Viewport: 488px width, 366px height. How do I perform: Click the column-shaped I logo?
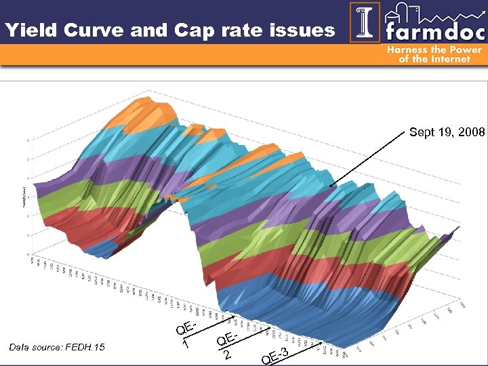tap(365, 22)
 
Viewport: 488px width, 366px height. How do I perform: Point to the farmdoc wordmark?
tap(433, 30)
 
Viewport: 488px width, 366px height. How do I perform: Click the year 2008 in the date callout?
tap(471, 133)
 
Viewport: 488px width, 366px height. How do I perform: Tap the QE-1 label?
tap(185, 334)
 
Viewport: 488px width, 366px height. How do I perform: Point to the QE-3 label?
tap(276, 354)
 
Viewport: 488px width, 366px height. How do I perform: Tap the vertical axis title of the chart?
tap(20, 197)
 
